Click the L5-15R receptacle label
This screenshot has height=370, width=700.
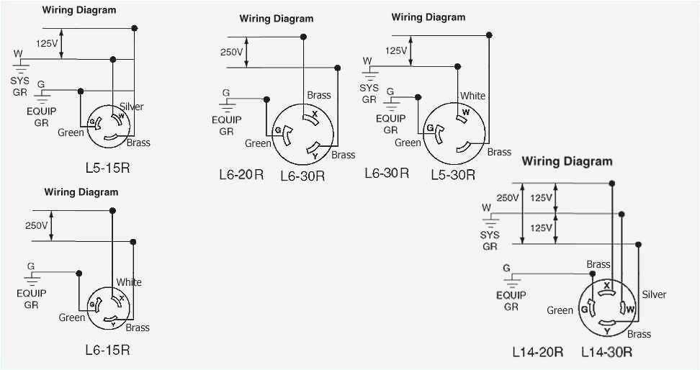coord(108,168)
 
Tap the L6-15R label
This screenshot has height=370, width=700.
coord(107,351)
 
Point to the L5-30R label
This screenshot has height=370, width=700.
coord(453,174)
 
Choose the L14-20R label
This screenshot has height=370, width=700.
coord(537,352)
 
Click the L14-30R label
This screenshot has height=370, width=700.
coord(608,352)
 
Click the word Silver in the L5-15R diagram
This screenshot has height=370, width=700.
coord(132,107)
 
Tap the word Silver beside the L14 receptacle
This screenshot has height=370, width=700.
coord(654,294)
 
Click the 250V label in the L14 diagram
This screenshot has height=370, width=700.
coord(507,198)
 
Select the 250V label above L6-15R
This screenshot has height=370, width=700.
coord(36,225)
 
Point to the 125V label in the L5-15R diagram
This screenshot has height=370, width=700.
coord(47,43)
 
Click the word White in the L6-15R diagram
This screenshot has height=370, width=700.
coord(129,282)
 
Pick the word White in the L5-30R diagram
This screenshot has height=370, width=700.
coord(473,96)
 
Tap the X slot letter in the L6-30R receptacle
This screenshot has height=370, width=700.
coord(314,114)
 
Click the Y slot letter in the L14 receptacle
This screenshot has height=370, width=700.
coord(607,331)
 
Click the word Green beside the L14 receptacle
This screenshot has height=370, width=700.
coord(560,310)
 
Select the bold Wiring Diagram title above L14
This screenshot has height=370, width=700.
coord(567,161)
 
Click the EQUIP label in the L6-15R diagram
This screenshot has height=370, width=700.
coord(31,294)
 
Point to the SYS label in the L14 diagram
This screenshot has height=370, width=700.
coord(490,235)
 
